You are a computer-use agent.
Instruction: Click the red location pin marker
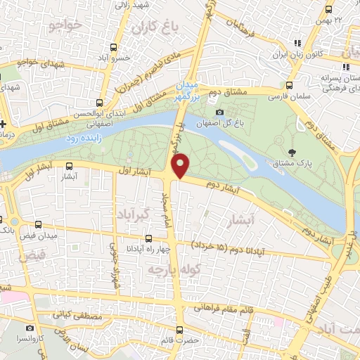click(181, 165)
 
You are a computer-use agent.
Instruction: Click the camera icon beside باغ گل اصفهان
click(220, 112)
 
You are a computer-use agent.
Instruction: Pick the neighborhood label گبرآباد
click(130, 214)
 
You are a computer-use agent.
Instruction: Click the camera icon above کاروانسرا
click(30, 328)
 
